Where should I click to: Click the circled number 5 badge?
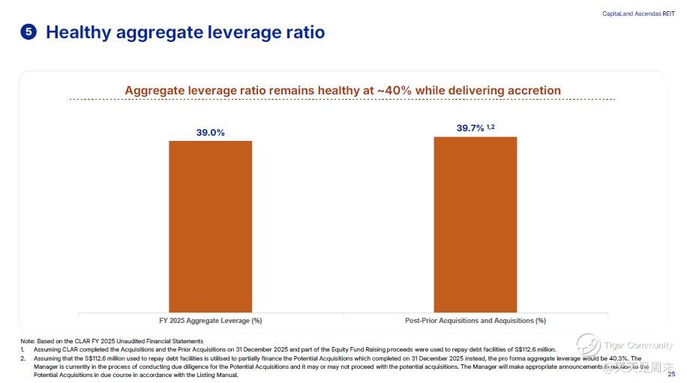pos(28,32)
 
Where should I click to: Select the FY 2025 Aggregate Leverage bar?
pos(210,226)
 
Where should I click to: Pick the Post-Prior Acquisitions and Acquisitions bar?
pos(475,224)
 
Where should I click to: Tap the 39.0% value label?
pos(210,133)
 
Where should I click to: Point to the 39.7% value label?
pos(470,128)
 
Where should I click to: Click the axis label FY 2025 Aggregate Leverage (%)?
pos(210,320)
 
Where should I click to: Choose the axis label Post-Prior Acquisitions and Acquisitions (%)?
pos(475,320)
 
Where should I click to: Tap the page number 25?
pos(671,374)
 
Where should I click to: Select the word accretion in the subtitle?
pos(532,90)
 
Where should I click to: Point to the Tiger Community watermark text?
pos(638,346)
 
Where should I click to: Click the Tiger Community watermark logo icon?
pos(588,346)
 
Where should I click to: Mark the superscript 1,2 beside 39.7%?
pos(490,127)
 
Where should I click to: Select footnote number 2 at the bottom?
pos(22,358)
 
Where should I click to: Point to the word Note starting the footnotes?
pos(27,342)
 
